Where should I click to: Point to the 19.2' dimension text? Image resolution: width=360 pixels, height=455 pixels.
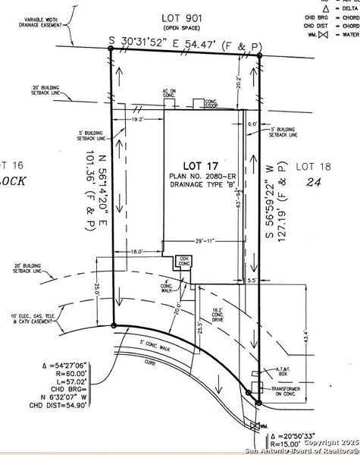[x=137, y=120]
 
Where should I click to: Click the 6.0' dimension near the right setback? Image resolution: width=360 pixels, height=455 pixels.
[x=252, y=124]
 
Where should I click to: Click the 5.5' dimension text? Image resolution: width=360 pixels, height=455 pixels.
[x=252, y=280]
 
